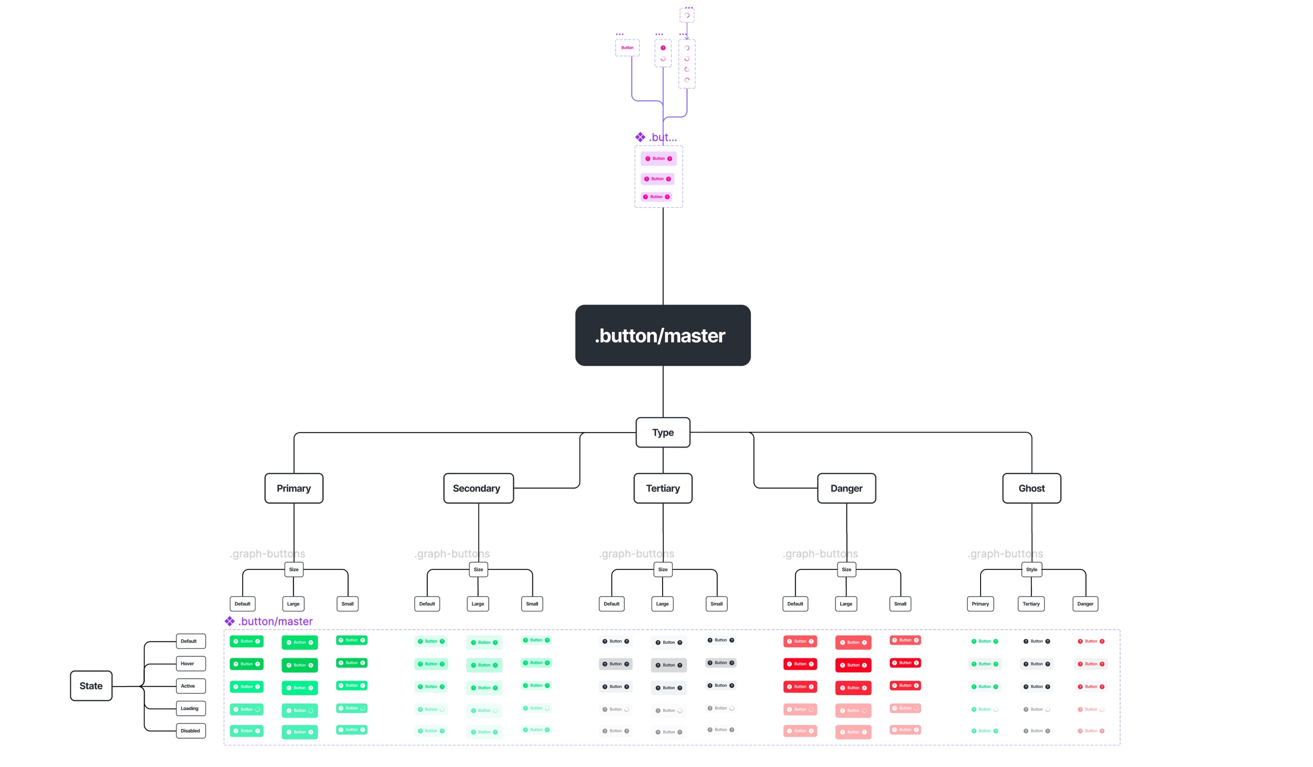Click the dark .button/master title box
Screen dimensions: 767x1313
663,335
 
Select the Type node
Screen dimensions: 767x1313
663,432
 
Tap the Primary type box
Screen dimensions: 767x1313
294,488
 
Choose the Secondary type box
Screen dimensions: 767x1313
478,488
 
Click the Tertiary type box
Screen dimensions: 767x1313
663,488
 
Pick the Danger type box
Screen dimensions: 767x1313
846,488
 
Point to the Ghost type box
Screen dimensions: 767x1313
1031,488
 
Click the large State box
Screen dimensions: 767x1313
91,686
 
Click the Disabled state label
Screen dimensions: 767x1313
191,731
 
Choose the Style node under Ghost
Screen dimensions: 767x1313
1031,569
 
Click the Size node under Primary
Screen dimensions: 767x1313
294,569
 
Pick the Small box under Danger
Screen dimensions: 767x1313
900,603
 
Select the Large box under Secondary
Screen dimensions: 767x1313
478,603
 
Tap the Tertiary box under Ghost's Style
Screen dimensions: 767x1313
1030,603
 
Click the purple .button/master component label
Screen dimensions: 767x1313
275,621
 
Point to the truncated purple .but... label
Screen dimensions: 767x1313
662,137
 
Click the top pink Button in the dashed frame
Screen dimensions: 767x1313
658,159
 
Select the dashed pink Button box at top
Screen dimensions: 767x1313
627,47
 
